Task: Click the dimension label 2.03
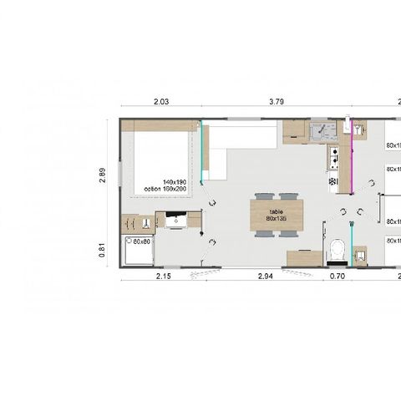click(161, 102)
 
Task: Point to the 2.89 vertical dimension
click(103, 175)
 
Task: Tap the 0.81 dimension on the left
click(103, 248)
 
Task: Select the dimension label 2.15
click(163, 275)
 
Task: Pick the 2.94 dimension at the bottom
click(266, 275)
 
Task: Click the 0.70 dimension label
click(338, 275)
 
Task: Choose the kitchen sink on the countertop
click(322, 131)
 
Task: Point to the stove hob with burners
click(333, 155)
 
